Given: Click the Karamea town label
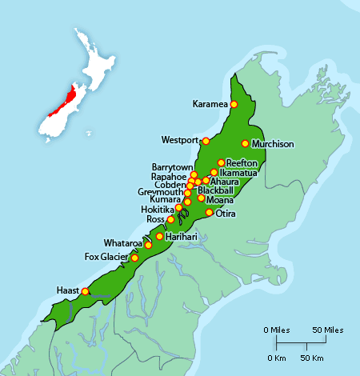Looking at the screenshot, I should pyautogui.click(x=211, y=104).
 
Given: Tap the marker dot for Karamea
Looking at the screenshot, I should pyautogui.click(x=234, y=104).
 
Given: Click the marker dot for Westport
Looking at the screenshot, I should pyautogui.click(x=206, y=142).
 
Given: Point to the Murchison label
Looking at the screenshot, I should pyautogui.click(x=273, y=144).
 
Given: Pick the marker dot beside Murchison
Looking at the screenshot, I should pyautogui.click(x=246, y=144).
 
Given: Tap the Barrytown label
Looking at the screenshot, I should pyautogui.click(x=170, y=167).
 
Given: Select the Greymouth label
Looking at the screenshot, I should pyautogui.click(x=160, y=192).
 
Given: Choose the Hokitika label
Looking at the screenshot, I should pyautogui.click(x=157, y=209).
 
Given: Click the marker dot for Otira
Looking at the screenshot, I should pyautogui.click(x=210, y=213).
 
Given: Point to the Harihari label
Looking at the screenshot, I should pyautogui.click(x=181, y=237).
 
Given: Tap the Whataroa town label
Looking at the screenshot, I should pyautogui.click(x=122, y=242).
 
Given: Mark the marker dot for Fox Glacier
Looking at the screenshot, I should pyautogui.click(x=134, y=258).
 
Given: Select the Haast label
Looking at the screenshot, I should pyautogui.click(x=68, y=290).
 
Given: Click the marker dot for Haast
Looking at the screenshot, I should pyautogui.click(x=86, y=291).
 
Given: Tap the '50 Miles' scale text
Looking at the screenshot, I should pyautogui.click(x=327, y=330).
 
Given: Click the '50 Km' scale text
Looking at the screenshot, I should pyautogui.click(x=312, y=357).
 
